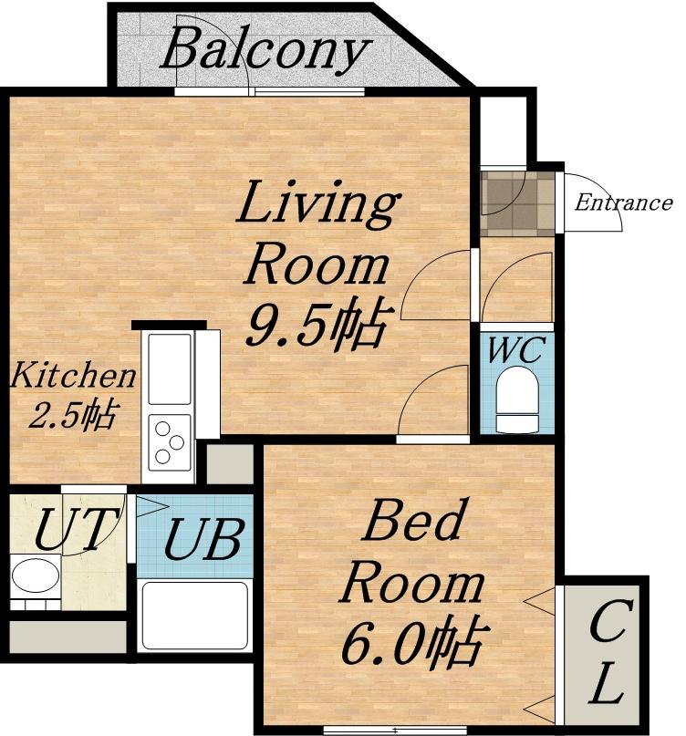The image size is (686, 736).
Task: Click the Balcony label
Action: tap(265, 50)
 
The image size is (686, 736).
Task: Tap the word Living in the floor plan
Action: tap(318, 202)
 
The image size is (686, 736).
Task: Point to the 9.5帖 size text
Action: tap(317, 323)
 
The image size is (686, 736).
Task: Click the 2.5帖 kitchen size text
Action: tap(72, 414)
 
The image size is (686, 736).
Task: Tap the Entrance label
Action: tap(624, 202)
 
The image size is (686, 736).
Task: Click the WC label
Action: tap(516, 349)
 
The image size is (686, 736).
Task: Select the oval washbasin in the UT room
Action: tap(36, 575)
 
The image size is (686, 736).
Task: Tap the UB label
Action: tap(203, 539)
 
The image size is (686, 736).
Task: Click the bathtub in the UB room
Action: tap(195, 616)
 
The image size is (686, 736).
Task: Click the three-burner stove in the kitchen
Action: tap(169, 442)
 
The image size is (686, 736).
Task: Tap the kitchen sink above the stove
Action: tap(170, 368)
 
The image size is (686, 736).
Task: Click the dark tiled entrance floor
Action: tap(517, 203)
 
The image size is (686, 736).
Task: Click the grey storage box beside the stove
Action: tap(230, 463)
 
